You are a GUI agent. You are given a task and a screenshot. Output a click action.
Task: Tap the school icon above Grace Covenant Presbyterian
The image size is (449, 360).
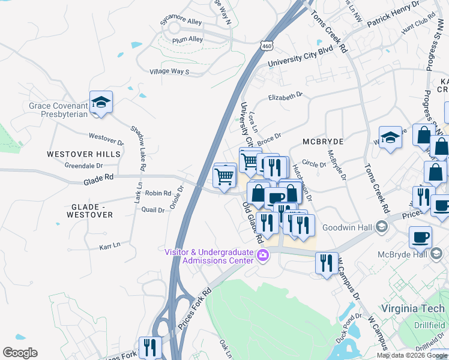[101, 103]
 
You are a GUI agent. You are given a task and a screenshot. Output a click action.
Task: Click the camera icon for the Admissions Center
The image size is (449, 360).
[262, 256]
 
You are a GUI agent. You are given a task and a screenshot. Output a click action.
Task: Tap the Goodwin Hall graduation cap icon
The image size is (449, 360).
[381, 227]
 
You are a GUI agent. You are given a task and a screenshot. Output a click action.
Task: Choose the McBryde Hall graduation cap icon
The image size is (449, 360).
[436, 254]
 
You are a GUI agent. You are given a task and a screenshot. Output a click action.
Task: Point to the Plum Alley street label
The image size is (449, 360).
[187, 39]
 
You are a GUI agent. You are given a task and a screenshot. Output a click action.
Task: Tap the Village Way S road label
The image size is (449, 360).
[169, 72]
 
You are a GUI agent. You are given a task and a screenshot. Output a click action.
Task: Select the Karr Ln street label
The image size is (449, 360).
[109, 245]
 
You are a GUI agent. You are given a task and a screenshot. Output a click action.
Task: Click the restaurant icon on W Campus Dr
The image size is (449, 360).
[326, 264]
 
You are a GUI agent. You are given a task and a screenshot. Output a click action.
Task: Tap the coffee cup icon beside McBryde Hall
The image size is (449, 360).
[420, 236]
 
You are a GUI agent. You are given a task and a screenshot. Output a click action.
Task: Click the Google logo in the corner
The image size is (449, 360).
[20, 353]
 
